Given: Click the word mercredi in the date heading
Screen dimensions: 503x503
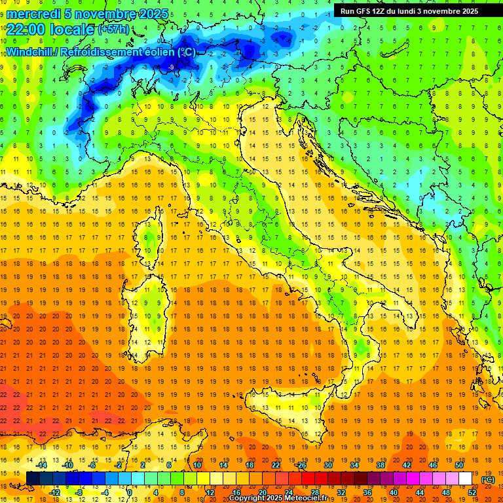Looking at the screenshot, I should point(34,14).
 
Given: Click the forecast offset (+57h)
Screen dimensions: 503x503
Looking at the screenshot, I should point(113,29).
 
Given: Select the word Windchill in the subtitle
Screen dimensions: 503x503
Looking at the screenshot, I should point(29,52).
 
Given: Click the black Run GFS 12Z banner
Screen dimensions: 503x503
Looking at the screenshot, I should point(409,11).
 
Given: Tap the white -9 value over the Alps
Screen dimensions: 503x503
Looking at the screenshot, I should point(172,67).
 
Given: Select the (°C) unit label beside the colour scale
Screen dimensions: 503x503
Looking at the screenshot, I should point(488,479).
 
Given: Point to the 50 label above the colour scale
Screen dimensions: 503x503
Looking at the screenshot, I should point(458,465).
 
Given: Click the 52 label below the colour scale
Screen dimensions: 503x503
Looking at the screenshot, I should point(472,493).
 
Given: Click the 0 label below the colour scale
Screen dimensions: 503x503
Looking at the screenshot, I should point(130,493).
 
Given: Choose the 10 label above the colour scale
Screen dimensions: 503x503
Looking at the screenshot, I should point(197,465).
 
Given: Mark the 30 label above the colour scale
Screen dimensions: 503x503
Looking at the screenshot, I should point(327,465).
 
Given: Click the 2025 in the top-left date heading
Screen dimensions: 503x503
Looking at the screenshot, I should point(152,14).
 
